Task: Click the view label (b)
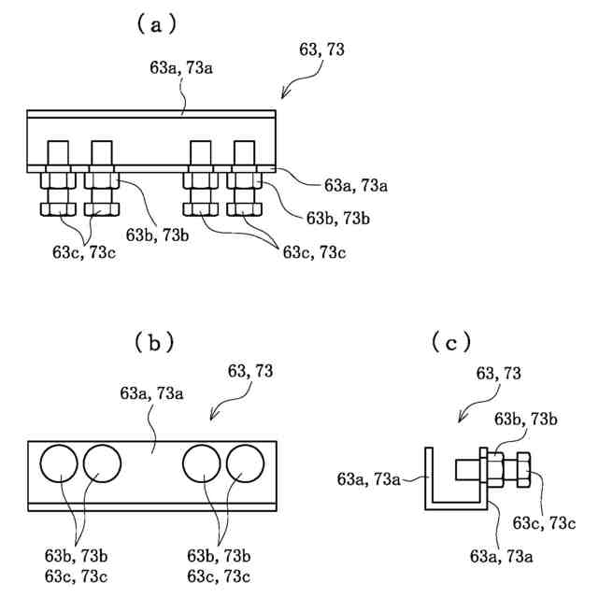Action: pos(149,343)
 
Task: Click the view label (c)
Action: pos(450,343)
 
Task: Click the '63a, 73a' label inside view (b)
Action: pos(150,393)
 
